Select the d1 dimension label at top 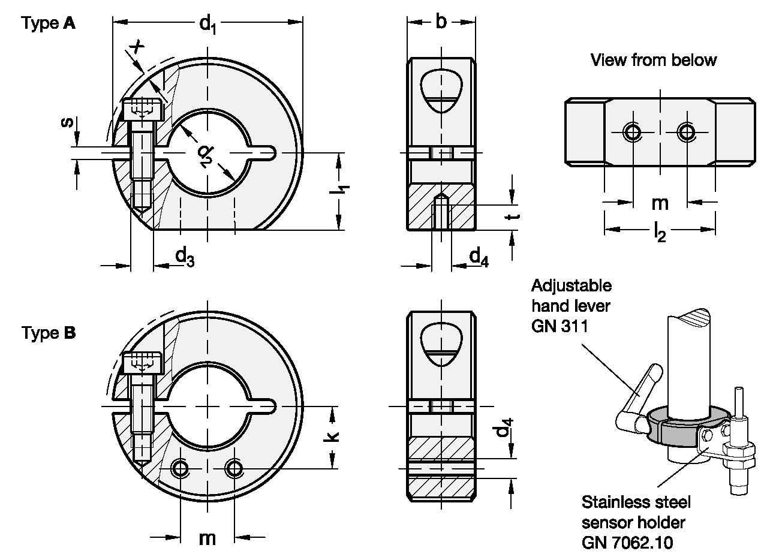pos(207,24)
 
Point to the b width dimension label pos(441,22)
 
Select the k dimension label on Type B pos(333,436)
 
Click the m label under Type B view pos(207,537)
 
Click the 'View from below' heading pos(653,60)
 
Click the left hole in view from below pos(633,131)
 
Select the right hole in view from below pos(687,131)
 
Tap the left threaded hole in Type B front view pos(181,468)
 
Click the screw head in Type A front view pos(142,110)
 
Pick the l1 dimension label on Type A pos(341,191)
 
